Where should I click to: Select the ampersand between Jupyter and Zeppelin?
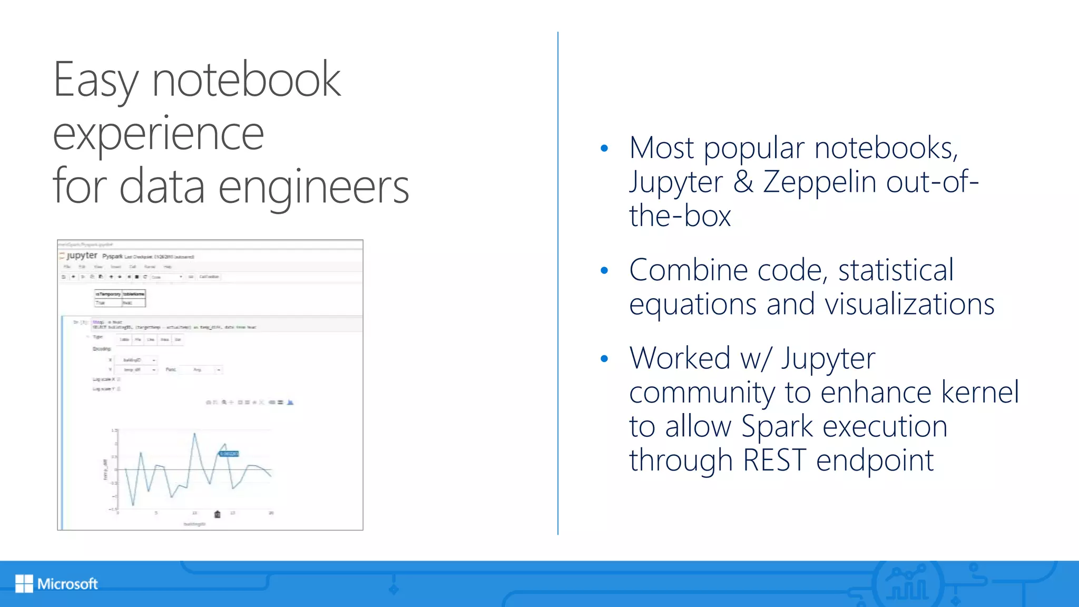pyautogui.click(x=743, y=182)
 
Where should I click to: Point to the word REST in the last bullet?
pyautogui.click(x=774, y=460)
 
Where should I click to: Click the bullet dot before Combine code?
pyautogui.click(x=604, y=271)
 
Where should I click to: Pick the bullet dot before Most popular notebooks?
pyautogui.click(x=604, y=149)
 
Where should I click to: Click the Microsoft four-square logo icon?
pyautogui.click(x=24, y=583)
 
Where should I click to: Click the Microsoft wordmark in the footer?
pyautogui.click(x=67, y=584)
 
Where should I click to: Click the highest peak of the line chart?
pyautogui.click(x=194, y=433)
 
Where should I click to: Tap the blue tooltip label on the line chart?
pyautogui.click(x=229, y=454)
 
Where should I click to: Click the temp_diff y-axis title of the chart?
pyautogui.click(x=105, y=469)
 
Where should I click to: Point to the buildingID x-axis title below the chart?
pyautogui.click(x=194, y=524)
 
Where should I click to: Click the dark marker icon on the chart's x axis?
pyautogui.click(x=217, y=514)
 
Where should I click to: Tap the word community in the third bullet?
pyautogui.click(x=702, y=393)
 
